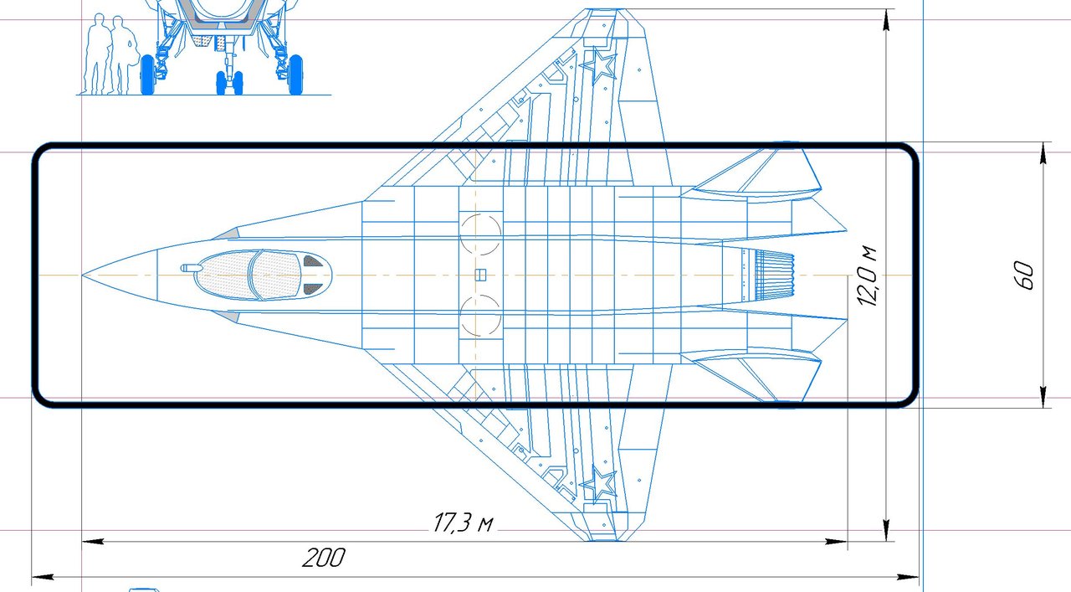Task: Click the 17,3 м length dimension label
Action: [463, 523]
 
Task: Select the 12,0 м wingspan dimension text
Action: [867, 276]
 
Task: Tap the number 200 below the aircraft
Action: [324, 558]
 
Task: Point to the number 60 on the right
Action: [1023, 275]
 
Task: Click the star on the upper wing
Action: [597, 66]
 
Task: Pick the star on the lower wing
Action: [597, 484]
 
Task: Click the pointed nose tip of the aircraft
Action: [83, 275]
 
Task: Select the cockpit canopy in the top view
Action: [263, 275]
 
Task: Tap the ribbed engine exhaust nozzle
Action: [774, 275]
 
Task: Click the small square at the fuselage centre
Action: [480, 275]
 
